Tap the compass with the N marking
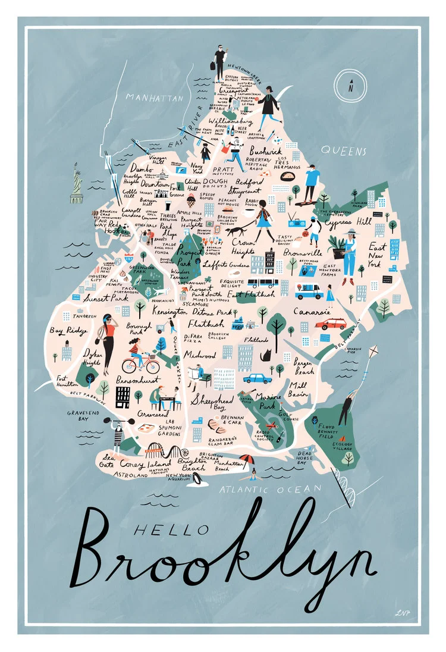tap(351, 86)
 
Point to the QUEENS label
tap(343, 151)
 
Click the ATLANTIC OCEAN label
tap(270, 489)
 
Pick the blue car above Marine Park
tap(257, 378)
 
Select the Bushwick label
tap(265, 152)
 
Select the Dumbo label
tap(142, 168)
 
